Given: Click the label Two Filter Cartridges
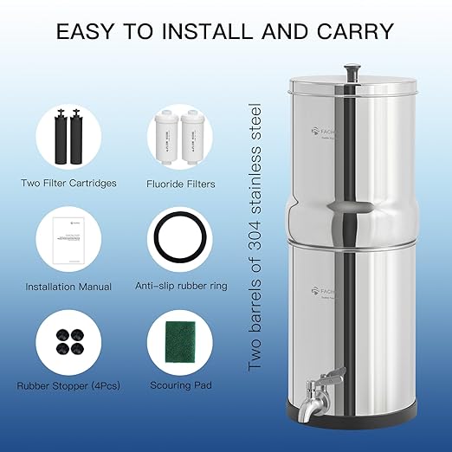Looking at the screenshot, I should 68,184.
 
